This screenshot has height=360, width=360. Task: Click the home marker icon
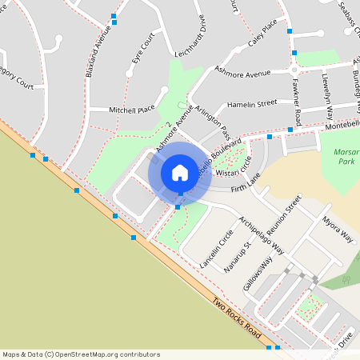[x=180, y=172]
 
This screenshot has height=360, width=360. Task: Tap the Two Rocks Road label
[x=237, y=318]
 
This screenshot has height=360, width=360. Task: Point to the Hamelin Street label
[x=251, y=103]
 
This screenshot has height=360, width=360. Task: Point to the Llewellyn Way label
[x=327, y=89]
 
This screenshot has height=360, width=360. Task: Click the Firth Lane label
[x=246, y=188]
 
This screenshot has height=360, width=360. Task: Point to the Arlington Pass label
[x=214, y=122]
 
